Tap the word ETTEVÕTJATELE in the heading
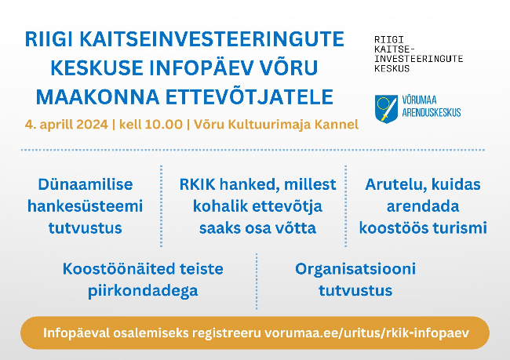pos(250,97)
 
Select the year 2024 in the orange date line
pos(92,125)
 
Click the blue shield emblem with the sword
pos(386,108)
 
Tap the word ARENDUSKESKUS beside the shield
pos(432,112)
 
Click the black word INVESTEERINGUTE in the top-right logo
pos(419,59)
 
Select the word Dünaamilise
pos(86,185)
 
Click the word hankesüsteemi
pos(86,206)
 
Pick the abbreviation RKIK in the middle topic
pos(198,184)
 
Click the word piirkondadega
pos(143,291)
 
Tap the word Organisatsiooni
pos(355,269)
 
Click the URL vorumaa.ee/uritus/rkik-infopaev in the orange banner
pos(366,333)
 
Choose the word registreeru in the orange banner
pos(227,333)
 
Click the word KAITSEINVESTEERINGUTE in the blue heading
pos(212,39)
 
